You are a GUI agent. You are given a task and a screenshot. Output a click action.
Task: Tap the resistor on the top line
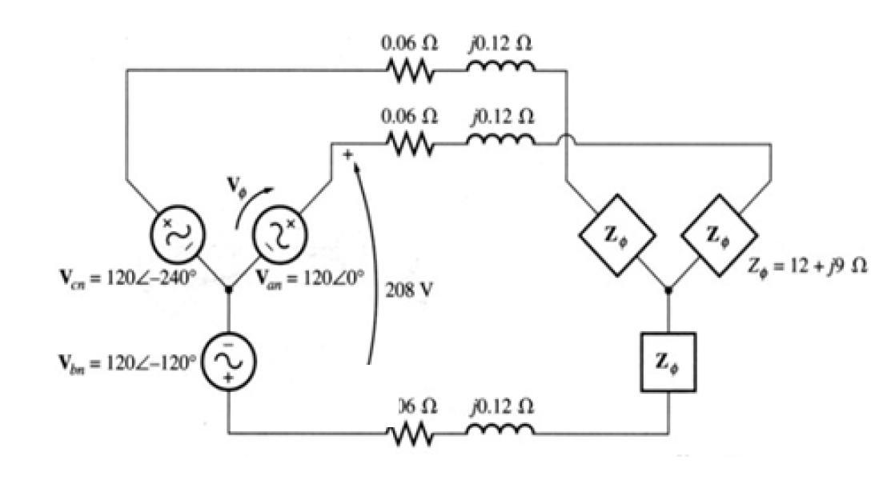(x=411, y=71)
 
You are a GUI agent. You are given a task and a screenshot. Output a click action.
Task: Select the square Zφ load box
(x=668, y=361)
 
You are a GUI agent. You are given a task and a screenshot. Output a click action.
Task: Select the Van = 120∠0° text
(x=310, y=282)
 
